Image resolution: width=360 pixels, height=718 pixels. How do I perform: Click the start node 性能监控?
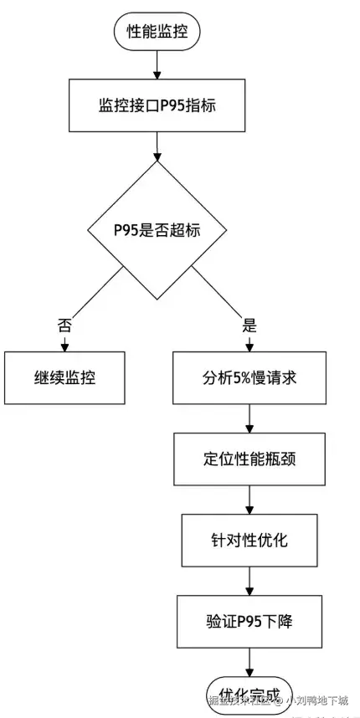click(157, 33)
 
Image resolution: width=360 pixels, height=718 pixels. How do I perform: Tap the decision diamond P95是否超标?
click(157, 229)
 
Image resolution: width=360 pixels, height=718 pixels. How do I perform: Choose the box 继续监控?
click(64, 377)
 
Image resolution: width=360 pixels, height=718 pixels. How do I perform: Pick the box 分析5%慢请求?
click(249, 377)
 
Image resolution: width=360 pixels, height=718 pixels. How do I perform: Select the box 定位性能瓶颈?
click(249, 458)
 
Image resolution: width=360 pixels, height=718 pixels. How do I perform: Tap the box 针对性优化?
click(249, 539)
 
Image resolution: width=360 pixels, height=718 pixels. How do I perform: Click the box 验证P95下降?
click(249, 620)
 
